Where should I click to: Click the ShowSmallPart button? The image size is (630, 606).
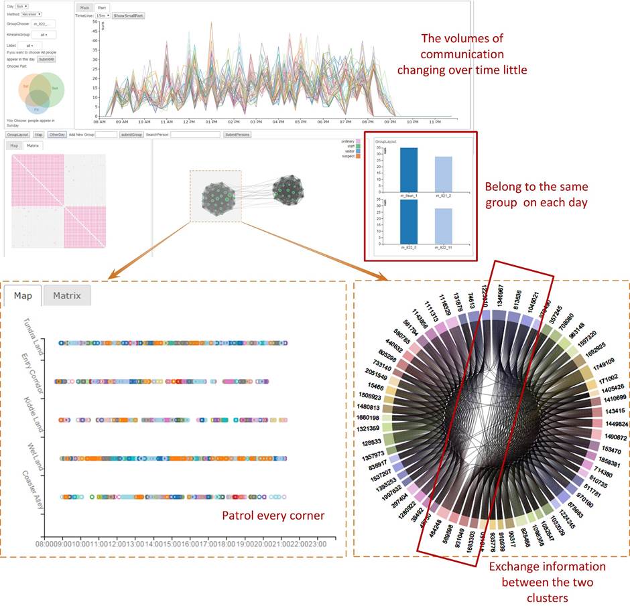click(129, 15)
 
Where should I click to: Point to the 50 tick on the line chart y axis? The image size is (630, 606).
click(96, 22)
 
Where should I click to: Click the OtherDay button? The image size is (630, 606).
click(57, 135)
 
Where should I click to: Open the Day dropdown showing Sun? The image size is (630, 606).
click(21, 5)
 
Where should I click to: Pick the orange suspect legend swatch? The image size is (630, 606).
click(359, 155)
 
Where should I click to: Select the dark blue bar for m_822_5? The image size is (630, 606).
click(409, 222)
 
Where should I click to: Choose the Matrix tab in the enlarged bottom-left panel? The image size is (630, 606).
click(66, 295)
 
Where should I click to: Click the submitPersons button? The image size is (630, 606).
click(241, 135)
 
